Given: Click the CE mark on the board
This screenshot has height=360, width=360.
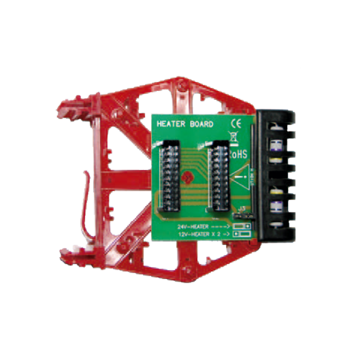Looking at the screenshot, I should [236, 123].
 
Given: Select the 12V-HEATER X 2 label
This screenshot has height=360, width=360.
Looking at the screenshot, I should [198, 234].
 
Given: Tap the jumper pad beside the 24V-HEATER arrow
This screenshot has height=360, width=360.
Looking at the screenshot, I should [243, 226].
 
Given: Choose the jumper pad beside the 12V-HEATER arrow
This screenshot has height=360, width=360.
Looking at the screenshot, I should [243, 234].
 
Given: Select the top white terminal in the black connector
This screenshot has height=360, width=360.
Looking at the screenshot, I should [275, 130].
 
